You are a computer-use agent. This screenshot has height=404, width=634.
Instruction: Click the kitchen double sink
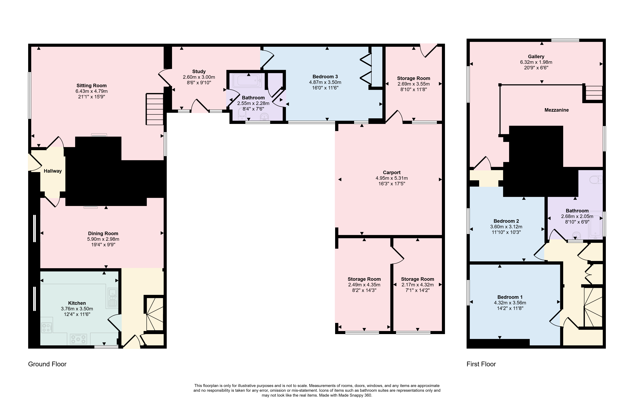pyautogui.click(x=112, y=298)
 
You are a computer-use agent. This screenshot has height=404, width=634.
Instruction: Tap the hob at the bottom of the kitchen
pyautogui.click(x=78, y=339)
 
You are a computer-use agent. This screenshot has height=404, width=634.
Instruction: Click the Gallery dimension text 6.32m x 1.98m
pyautogui.click(x=536, y=62)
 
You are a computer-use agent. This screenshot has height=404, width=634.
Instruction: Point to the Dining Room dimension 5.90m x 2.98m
pyautogui.click(x=103, y=239)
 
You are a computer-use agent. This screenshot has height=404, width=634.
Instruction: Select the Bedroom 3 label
pyautogui.click(x=325, y=77)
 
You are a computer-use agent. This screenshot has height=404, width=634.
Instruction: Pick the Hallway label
pyautogui.click(x=53, y=171)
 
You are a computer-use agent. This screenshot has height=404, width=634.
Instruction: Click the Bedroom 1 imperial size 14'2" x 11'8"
pyautogui.click(x=510, y=308)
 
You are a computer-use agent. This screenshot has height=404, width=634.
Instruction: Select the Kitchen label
pyautogui.click(x=77, y=303)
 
